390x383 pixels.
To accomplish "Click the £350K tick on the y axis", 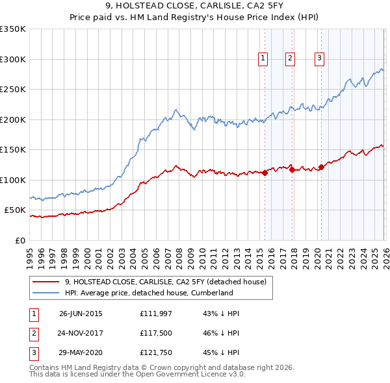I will click(13, 29).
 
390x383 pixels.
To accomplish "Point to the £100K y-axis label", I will click(13, 180).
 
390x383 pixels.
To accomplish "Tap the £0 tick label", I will click(19, 240).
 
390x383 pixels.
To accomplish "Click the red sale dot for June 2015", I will click(265, 173).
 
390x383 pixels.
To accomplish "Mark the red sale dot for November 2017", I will click(292, 169).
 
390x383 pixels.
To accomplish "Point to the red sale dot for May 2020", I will click(321, 167).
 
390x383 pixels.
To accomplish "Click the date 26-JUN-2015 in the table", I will click(81, 314).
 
